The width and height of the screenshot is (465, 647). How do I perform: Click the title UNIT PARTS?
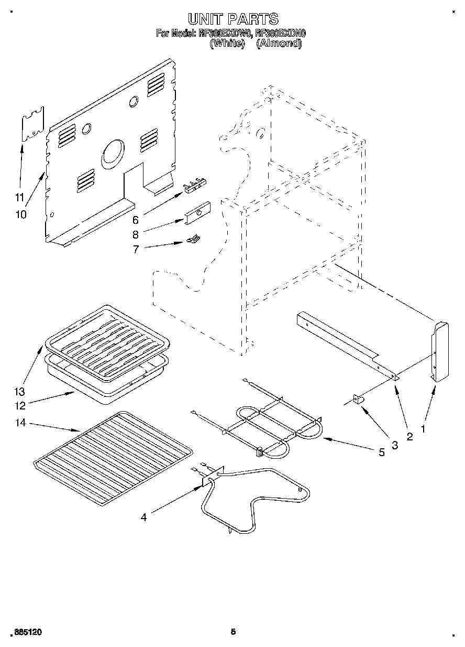(x=233, y=19)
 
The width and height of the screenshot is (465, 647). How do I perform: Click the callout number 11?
(x=20, y=198)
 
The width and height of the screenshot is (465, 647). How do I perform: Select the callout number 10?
(x=21, y=214)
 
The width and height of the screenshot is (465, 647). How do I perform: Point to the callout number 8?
(x=135, y=235)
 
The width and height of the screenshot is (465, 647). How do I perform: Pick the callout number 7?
(x=136, y=250)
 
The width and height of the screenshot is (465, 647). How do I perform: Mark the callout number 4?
(x=143, y=517)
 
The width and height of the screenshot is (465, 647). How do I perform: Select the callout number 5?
(x=382, y=451)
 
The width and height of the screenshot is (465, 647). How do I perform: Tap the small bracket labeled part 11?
(x=32, y=124)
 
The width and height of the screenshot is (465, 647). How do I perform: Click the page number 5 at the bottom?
(x=233, y=632)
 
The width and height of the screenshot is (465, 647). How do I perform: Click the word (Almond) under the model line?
(x=279, y=44)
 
